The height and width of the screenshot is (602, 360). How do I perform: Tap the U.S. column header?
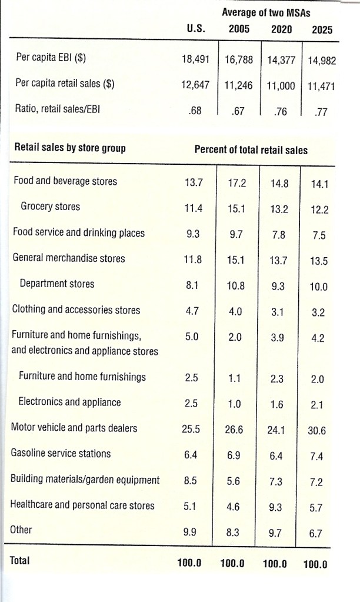[x=195, y=28]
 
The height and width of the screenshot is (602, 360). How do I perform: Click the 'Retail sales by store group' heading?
[x=69, y=148]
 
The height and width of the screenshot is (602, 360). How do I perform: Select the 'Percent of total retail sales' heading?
[x=251, y=149]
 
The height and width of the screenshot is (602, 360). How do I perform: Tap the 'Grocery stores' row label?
[x=51, y=207]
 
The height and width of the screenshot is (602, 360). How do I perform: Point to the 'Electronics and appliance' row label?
[x=70, y=402]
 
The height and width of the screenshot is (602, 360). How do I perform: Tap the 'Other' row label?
[x=21, y=529]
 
